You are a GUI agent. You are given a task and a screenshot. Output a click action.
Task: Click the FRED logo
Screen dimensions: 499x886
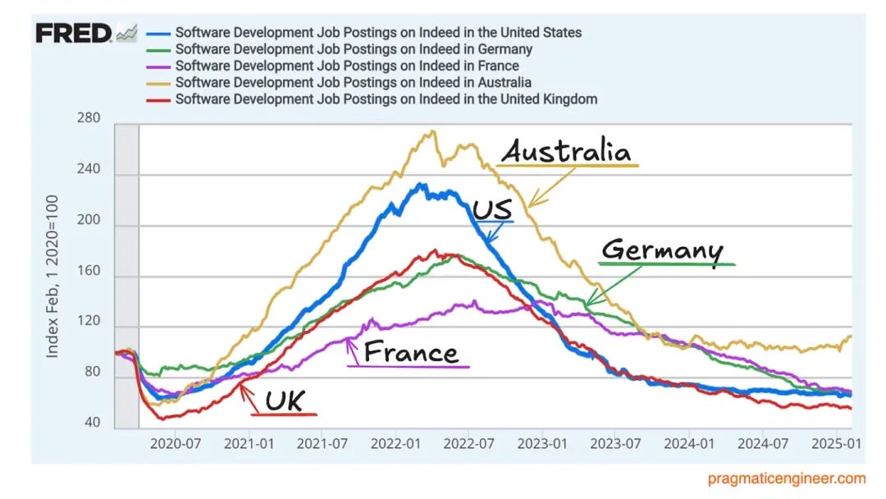click(x=74, y=33)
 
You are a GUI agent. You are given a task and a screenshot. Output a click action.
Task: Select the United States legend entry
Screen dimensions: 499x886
click(x=378, y=33)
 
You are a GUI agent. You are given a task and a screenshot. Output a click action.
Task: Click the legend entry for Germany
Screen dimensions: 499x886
click(x=354, y=49)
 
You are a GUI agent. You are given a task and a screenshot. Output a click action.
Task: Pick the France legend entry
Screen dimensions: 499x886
click(x=347, y=66)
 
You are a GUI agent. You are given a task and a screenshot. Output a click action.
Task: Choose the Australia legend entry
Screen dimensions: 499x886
click(x=354, y=82)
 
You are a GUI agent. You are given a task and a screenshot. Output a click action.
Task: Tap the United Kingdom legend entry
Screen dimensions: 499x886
click(x=386, y=98)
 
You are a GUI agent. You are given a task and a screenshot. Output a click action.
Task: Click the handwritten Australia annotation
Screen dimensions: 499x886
click(x=566, y=151)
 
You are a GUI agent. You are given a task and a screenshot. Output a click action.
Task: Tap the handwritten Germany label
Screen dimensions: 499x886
click(x=662, y=250)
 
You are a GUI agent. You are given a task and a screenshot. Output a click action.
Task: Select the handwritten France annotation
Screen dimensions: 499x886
click(x=411, y=352)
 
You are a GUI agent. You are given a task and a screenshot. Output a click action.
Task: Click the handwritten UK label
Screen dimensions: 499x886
click(x=284, y=401)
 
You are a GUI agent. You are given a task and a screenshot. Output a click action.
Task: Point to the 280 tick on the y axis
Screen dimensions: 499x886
click(x=88, y=118)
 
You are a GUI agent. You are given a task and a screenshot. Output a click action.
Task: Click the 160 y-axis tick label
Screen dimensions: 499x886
click(x=88, y=271)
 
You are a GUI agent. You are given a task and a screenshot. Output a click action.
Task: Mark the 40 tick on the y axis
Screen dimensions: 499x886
click(x=91, y=423)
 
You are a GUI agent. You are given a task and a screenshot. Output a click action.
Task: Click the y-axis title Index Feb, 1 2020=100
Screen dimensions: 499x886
click(x=53, y=276)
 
